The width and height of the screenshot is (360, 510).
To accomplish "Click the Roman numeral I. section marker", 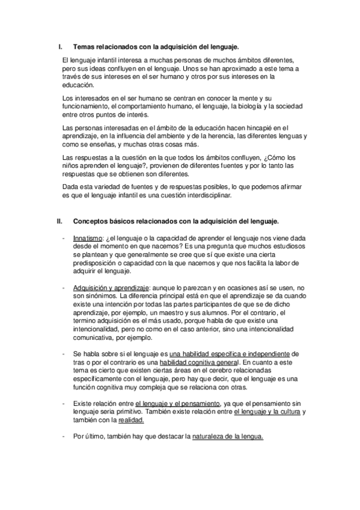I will [x=59, y=46].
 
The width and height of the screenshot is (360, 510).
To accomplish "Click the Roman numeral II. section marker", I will [x=59, y=221].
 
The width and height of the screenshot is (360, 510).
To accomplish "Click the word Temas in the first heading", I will [x=84, y=46].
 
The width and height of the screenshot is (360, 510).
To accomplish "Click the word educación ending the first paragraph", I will [x=79, y=85].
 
